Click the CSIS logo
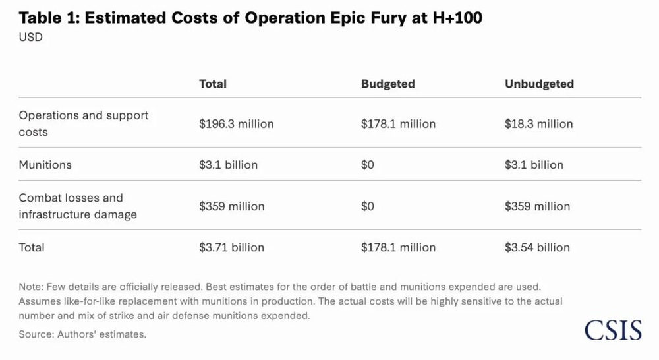tap(613, 329)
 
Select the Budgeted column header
tap(387, 84)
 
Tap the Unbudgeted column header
tap(539, 84)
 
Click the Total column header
tap(212, 84)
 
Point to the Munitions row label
tap(45, 164)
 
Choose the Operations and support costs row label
tap(83, 123)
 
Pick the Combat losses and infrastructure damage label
tap(78, 206)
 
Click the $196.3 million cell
tap(236, 123)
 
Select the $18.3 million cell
tap(538, 123)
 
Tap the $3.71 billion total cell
tap(231, 247)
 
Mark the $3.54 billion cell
tap(537, 247)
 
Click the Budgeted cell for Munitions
tap(367, 164)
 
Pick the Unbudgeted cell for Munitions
tap(534, 164)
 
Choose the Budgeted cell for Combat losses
tap(367, 206)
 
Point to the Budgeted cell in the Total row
tap(398, 247)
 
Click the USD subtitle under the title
tap(30, 37)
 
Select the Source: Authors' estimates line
tap(82, 334)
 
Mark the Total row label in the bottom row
tap(32, 247)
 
